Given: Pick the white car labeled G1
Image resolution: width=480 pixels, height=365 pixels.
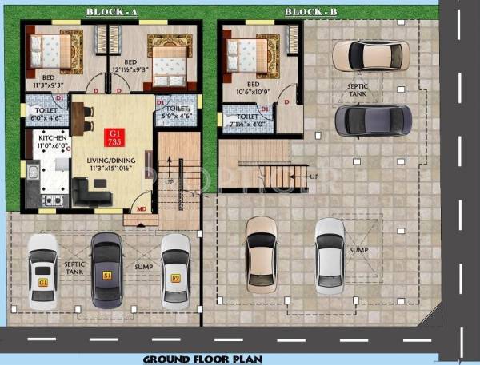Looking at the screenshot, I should click(x=43, y=272).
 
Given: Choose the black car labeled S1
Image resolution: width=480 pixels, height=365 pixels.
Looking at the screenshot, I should click(x=106, y=269).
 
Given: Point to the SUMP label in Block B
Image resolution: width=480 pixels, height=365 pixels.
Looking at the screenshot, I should click(x=358, y=250).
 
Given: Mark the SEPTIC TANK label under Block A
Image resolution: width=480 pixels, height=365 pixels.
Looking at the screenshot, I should click(x=74, y=271).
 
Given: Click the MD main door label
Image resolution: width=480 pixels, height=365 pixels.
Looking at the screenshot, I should click(x=141, y=210).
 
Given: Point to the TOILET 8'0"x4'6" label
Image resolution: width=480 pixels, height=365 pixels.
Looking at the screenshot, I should click(x=46, y=113).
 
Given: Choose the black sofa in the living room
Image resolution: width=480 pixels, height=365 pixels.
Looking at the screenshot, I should click(x=90, y=190).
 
